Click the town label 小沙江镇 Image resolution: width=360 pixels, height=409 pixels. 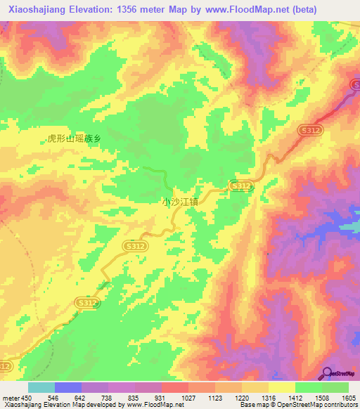(181, 201)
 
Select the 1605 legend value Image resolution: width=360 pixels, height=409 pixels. (348, 398)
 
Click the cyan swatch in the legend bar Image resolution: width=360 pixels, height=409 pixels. (41, 387)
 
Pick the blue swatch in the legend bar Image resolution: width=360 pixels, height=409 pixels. (68, 387)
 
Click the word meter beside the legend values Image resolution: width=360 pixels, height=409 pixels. (10, 398)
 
